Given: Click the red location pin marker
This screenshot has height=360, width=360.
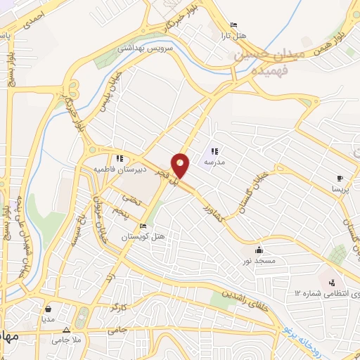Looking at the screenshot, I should pos(181,165).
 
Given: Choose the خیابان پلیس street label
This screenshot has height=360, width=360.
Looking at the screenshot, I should pos(108,92).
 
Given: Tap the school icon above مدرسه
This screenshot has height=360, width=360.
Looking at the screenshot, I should pos(214,151).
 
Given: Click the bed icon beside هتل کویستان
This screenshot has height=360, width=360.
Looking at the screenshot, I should pos(143,226).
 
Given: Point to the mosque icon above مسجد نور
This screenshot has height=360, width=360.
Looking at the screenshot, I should pos(259,250).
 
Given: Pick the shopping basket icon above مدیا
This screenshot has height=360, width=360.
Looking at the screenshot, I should pos(48,308).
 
